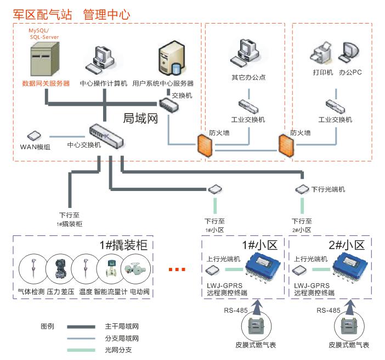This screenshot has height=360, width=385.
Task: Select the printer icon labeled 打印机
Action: [x=322, y=54]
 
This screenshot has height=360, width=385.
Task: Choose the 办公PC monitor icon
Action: [x=349, y=52]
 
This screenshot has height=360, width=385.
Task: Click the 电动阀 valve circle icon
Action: [x=137, y=270]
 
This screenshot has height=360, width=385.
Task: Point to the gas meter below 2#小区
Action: [x=348, y=327]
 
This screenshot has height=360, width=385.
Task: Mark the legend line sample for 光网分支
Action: [x=82, y=350]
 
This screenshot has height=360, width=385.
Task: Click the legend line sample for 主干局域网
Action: [x=82, y=326]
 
